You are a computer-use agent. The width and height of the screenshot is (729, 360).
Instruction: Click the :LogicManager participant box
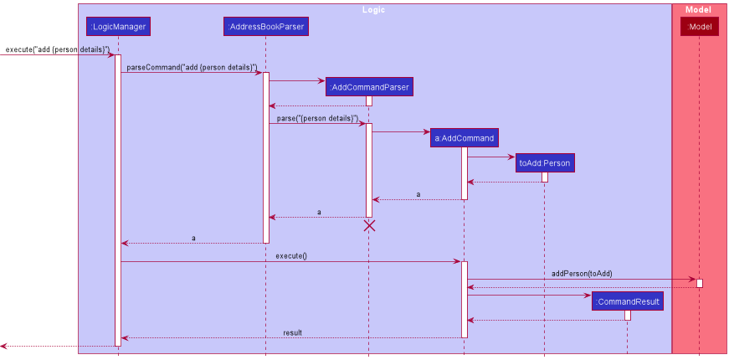coord(118,27)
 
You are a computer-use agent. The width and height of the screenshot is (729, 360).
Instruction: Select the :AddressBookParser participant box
coord(266,27)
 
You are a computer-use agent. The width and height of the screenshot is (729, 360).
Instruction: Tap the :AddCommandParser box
coord(369,87)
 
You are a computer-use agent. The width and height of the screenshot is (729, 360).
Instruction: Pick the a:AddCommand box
coord(464,138)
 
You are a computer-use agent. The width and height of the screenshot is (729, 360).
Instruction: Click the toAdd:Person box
coord(545,163)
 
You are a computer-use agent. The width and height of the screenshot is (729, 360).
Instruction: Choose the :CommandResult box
coord(627,301)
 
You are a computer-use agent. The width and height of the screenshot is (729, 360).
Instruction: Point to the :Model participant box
coord(699,27)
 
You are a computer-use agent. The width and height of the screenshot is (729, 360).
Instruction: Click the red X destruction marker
coord(369,225)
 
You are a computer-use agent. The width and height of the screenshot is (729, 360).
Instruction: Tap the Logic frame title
coord(374,9)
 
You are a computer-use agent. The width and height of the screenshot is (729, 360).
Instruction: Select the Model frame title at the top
coord(698,9)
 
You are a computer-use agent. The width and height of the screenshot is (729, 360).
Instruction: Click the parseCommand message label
coord(192,67)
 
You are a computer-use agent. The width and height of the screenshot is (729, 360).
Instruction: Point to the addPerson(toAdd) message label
coord(582,274)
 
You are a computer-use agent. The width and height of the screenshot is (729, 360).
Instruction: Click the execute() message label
coord(291,255)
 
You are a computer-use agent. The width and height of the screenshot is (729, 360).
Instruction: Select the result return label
coord(292,332)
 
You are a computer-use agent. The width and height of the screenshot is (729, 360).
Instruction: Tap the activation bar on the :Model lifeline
coord(700,283)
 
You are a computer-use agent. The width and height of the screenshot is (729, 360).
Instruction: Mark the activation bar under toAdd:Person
coord(545,177)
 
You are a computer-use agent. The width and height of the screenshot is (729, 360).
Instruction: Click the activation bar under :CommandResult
coord(627,315)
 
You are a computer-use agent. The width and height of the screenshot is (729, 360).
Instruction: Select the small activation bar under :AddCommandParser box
coord(369,100)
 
